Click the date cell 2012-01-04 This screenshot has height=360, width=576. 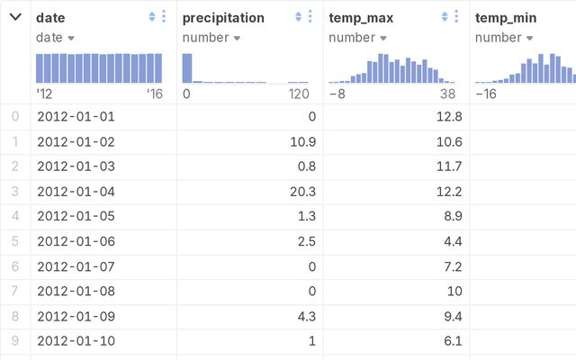click(x=76, y=191)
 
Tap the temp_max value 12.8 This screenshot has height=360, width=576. click(x=447, y=116)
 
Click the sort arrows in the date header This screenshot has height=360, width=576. click(x=152, y=17)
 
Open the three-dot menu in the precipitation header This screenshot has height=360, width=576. click(x=310, y=17)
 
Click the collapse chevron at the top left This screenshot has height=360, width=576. click(x=15, y=17)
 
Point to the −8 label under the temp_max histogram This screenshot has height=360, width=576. click(x=337, y=93)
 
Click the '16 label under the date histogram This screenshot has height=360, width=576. click(x=153, y=93)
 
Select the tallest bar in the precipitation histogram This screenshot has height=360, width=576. click(x=187, y=68)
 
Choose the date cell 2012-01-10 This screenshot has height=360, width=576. click(x=76, y=341)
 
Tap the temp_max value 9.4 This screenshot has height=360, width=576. click(x=451, y=317)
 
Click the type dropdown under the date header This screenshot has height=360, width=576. click(x=55, y=38)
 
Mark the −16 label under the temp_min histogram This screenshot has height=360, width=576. click(x=487, y=93)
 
